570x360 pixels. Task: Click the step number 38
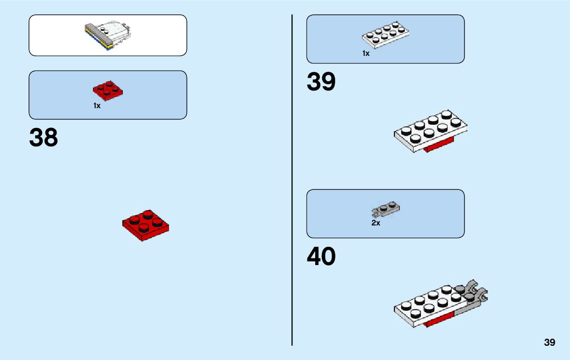[x=44, y=138]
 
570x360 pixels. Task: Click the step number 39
[x=321, y=82]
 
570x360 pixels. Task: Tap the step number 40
[x=321, y=257]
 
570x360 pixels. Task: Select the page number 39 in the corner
[x=550, y=343]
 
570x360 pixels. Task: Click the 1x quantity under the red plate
[x=97, y=106]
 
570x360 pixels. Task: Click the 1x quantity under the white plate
[x=366, y=53]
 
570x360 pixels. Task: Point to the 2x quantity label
[x=376, y=223]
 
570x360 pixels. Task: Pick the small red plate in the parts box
[x=108, y=91]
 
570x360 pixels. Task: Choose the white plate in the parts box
[x=386, y=35]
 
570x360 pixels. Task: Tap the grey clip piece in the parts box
[x=386, y=208]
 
